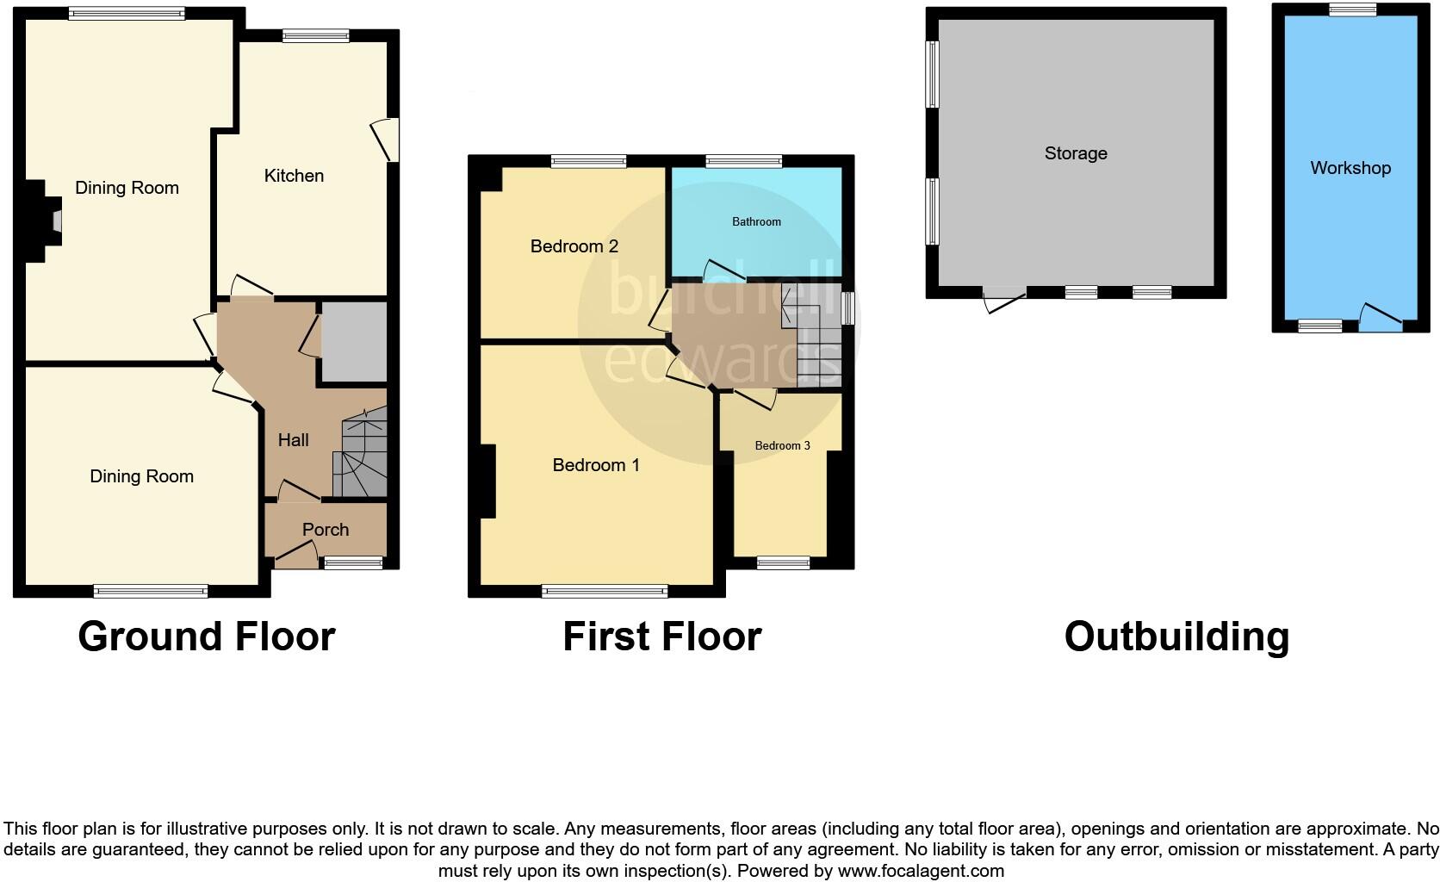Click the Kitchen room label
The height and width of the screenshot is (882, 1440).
tap(294, 176)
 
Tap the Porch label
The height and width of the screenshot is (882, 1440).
tap(326, 530)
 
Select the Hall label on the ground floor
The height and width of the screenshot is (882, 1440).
tap(293, 440)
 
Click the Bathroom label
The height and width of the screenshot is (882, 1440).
tap(756, 222)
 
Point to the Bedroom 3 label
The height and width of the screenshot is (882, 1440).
tap(782, 446)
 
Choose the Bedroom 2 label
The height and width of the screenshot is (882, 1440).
tap(574, 246)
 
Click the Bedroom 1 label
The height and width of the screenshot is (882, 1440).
tap(595, 465)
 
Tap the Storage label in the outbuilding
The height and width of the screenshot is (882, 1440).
tap(1076, 153)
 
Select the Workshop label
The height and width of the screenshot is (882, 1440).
tap(1350, 168)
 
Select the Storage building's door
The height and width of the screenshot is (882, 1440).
tap(1003, 300)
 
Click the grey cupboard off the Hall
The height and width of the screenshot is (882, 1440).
tap(353, 341)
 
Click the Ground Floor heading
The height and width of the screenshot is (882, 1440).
tap(207, 637)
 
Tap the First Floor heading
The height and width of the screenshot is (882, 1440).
tap(661, 637)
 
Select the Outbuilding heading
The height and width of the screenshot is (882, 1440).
tap(1176, 637)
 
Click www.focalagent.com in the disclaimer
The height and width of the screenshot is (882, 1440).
tap(921, 871)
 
